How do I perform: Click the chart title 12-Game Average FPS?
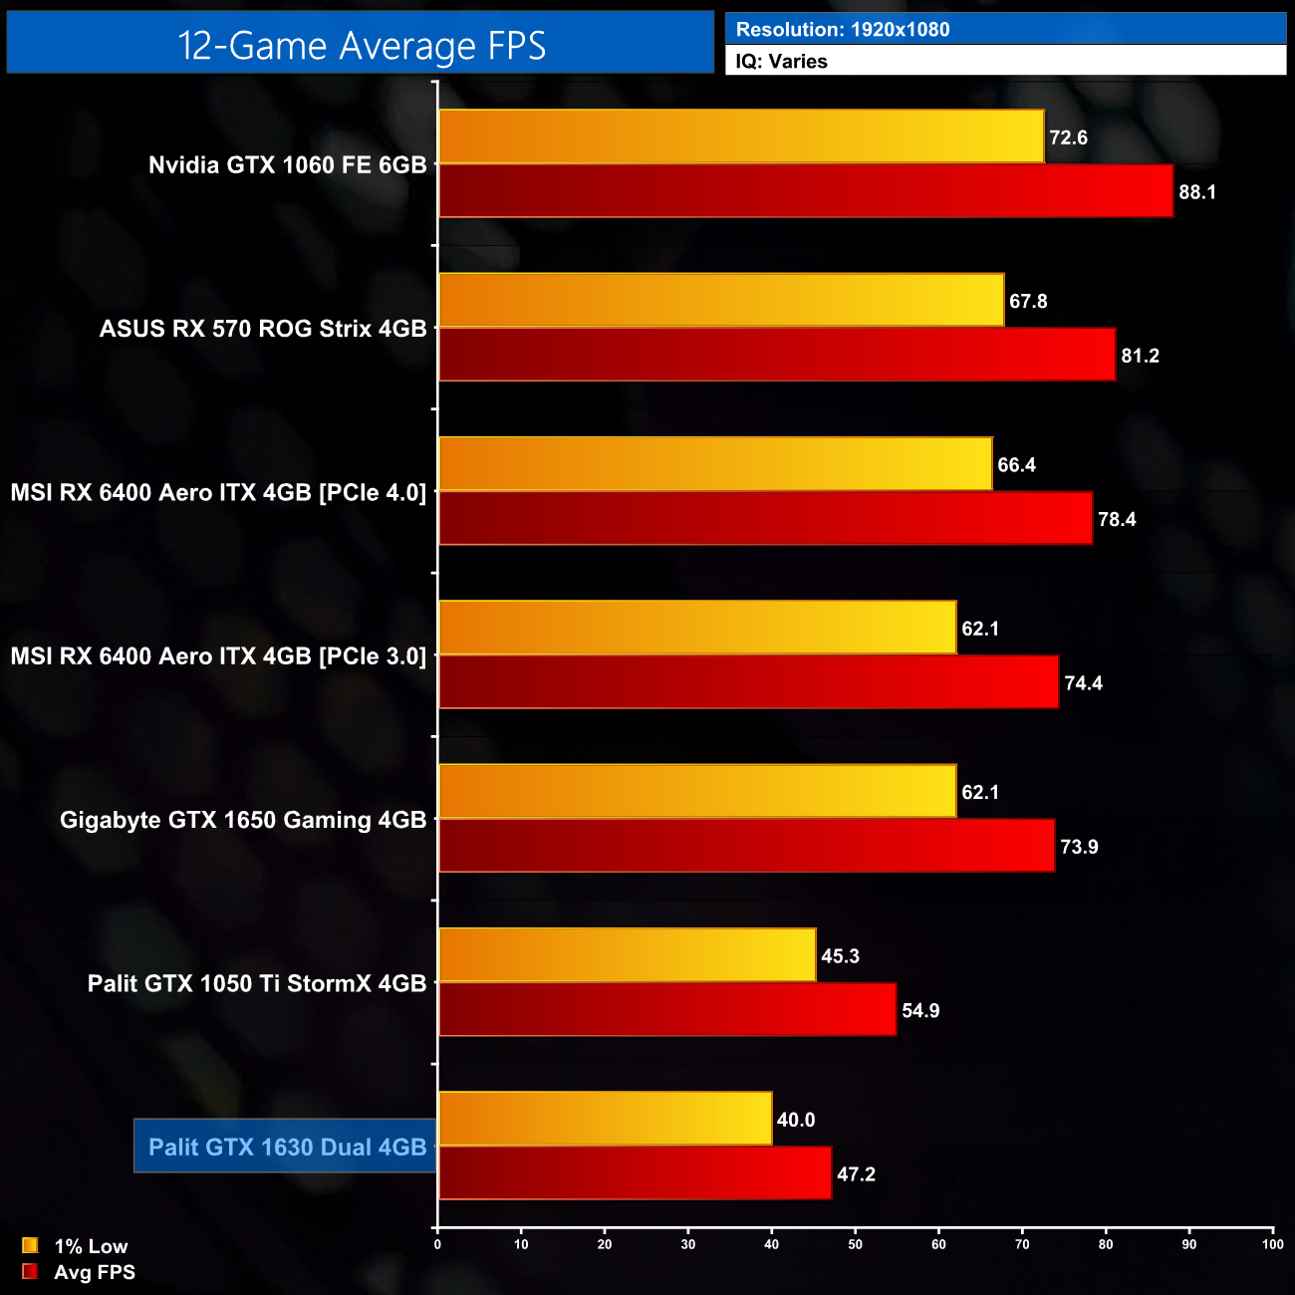tap(361, 46)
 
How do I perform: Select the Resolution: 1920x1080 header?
tap(843, 30)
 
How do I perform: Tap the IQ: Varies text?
tap(782, 62)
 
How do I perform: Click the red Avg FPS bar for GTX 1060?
tap(806, 191)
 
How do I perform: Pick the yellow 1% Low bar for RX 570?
tap(721, 300)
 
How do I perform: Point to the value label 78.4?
tap(1117, 519)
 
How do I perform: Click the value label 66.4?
tap(1016, 465)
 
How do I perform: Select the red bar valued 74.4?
tap(748, 682)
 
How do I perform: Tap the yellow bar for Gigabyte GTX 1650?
tap(697, 791)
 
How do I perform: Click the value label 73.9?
tap(1079, 847)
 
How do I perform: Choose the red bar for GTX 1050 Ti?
tap(667, 1009)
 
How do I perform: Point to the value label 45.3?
tap(840, 956)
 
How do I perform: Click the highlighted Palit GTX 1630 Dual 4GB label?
tap(287, 1147)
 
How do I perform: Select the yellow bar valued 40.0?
tap(605, 1119)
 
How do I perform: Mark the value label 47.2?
tap(856, 1174)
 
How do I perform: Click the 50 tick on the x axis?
tap(855, 1244)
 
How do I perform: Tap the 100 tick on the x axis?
tap(1272, 1244)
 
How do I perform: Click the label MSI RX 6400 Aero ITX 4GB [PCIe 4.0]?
tap(218, 492)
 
